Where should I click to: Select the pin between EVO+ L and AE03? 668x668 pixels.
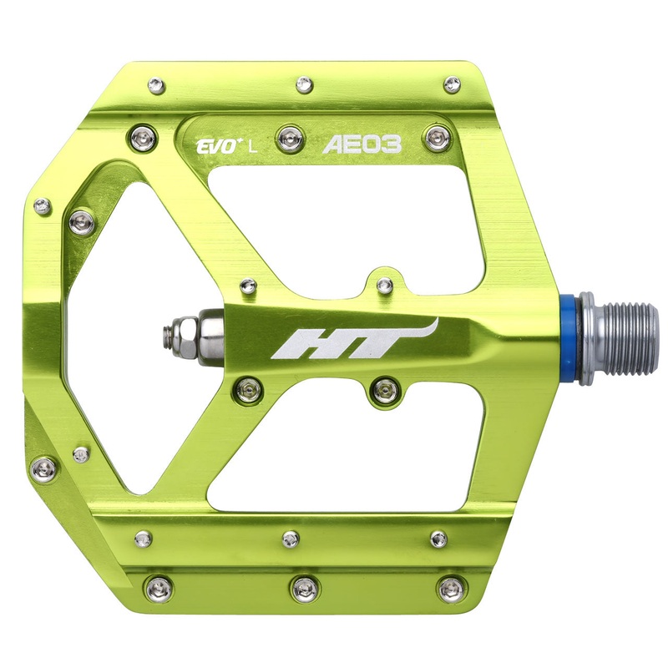pos(288,134)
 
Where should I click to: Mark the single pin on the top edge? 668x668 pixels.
pos(305,83)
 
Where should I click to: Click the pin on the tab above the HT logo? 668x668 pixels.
pos(384,286)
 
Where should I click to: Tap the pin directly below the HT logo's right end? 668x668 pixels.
pos(383,387)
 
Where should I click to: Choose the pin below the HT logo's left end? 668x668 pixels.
pos(246,386)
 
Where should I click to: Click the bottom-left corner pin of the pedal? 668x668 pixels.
pos(159,588)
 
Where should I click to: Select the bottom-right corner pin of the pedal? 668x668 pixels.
pos(450,588)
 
